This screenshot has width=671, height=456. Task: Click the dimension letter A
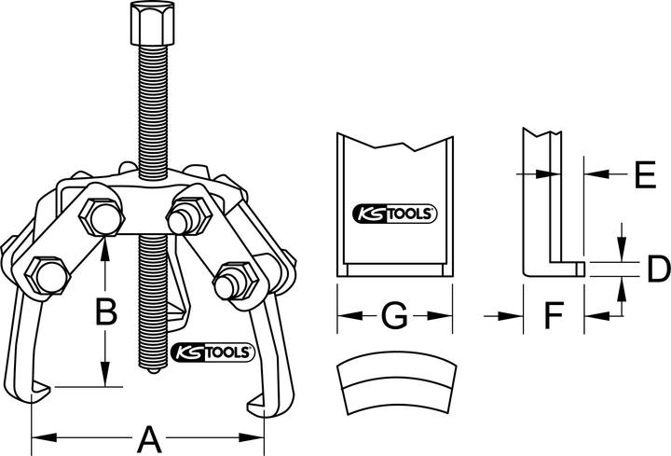(147, 437)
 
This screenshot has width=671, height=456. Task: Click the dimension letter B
(108, 311)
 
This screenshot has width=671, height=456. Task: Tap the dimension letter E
(639, 173)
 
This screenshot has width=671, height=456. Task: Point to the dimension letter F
(554, 317)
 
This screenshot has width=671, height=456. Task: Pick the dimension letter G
(394, 317)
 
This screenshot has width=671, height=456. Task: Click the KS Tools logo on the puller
(211, 352)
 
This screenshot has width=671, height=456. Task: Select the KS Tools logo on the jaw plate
(394, 214)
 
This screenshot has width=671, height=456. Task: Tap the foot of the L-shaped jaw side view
(555, 269)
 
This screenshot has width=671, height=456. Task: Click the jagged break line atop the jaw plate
(394, 145)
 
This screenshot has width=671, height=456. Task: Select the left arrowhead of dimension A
(38, 436)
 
